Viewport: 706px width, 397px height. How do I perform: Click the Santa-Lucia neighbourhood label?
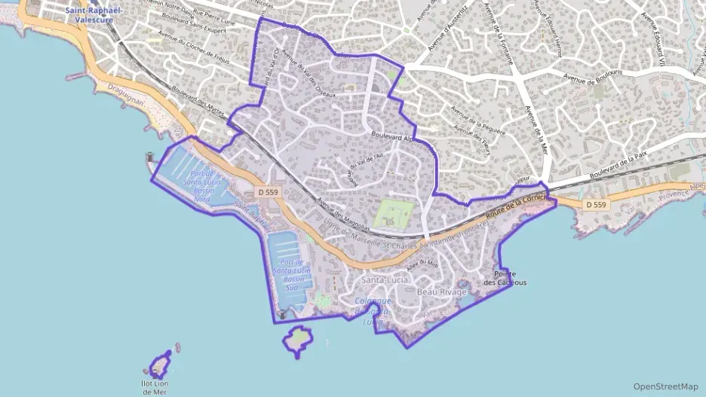[x=385, y=280]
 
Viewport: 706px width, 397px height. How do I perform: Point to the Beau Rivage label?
[x=442, y=291]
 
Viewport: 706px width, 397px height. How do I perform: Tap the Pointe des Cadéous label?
[x=505, y=278]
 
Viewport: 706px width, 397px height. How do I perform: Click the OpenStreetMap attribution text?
[x=665, y=386]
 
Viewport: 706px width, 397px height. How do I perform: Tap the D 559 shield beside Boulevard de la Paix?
[x=595, y=204]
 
